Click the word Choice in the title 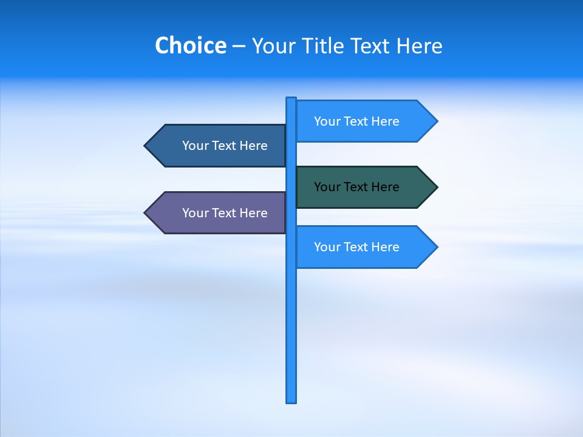coord(190,46)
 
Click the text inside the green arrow coord(356,187)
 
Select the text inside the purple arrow coord(225,213)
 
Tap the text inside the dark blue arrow coord(225,146)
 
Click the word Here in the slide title coord(419,46)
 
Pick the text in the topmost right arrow coord(356,121)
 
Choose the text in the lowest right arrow coord(356,247)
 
